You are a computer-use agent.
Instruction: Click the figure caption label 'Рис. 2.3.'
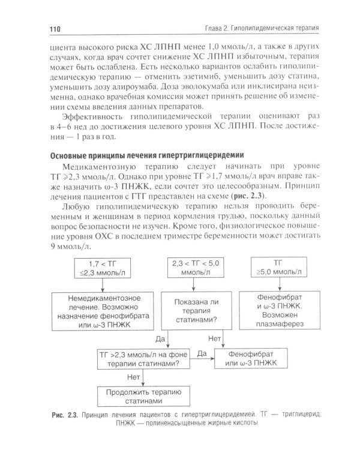[63, 414]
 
